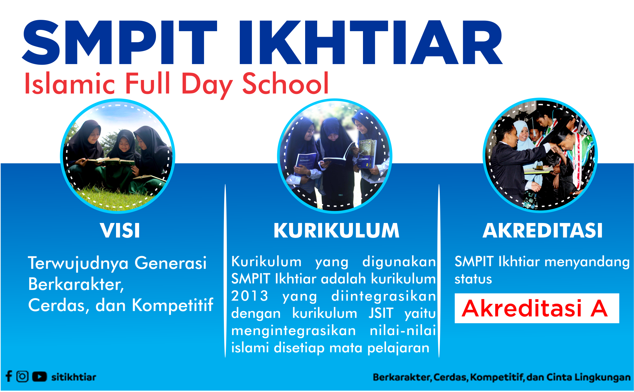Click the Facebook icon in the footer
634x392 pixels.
pos(9,376)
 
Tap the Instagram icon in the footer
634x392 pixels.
pos(22,376)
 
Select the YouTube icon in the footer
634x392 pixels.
pos(39,376)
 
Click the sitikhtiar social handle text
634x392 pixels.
pos(74,377)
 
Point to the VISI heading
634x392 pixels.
pos(120,230)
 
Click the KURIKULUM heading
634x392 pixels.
pos(336,230)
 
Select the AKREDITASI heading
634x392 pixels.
pos(542,230)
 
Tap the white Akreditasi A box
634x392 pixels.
pos(537,308)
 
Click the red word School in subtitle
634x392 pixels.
pos(286,84)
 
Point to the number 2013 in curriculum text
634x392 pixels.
pos(250,296)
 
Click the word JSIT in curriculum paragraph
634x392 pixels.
pos(381,313)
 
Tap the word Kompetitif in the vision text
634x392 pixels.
pos(173,306)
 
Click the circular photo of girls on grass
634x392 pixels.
pos(118,156)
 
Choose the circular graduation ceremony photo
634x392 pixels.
pos(540,155)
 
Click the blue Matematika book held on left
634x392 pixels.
pos(305,164)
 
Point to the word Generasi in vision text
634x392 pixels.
pos(170,263)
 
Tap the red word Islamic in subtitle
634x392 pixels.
pos(70,84)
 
